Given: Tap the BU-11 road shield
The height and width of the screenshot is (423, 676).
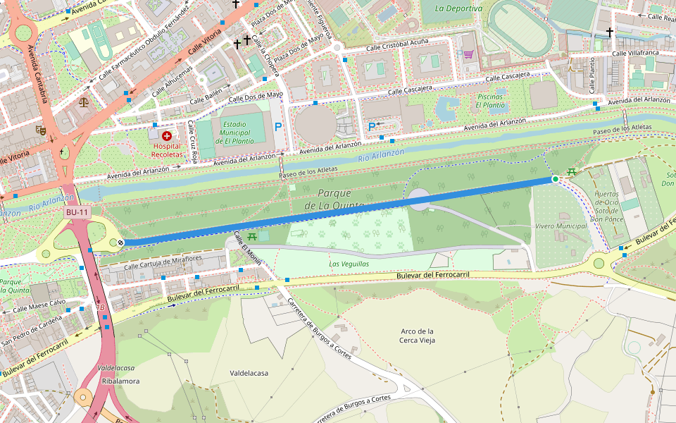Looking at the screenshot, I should coord(77,212).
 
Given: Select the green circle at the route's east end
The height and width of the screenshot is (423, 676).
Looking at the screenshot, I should coord(556,180).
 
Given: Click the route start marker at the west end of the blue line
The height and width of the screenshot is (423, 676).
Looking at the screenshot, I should coord(121,243).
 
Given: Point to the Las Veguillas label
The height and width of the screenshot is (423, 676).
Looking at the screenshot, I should coord(349,264).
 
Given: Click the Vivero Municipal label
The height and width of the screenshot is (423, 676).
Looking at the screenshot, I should coord(561,226).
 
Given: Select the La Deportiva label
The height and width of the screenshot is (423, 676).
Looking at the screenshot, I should coord(458,8).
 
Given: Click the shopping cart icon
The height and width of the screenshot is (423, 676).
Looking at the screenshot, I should coord(468,54).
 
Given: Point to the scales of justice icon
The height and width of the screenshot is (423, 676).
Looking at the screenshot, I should coord(85,101).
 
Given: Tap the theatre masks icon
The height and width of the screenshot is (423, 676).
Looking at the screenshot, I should coord(42,130).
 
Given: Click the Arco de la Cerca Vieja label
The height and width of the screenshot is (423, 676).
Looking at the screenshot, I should coord(417,336).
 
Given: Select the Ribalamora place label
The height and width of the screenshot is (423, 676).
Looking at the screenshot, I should coord(120,381).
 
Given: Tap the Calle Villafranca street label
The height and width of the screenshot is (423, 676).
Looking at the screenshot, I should coord(635,53).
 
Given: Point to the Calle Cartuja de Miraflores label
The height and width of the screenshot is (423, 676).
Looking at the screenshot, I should coord(163,262).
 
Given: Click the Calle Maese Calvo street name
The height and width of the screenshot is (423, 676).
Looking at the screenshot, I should coord(39,305).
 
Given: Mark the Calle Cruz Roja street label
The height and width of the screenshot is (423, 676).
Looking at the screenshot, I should coord(192,139).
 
